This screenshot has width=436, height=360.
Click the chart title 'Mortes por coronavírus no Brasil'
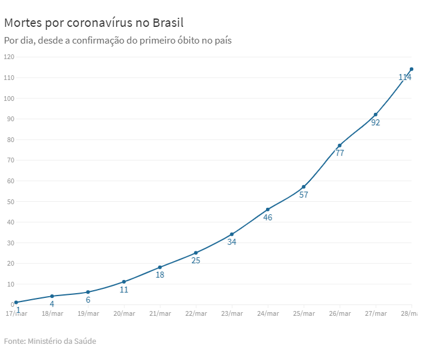coord(94,23)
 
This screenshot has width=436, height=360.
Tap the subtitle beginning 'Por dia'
coord(117,41)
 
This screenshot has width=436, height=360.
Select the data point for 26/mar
coord(339,146)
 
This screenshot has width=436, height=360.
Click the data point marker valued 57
coord(304,187)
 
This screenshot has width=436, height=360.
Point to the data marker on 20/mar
coord(124,282)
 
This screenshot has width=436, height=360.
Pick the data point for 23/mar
coord(231,235)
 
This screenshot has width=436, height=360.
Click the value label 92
coord(376,123)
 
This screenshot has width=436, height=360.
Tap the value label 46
coord(268,218)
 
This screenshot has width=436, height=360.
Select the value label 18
coord(160,275)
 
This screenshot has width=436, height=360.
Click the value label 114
coord(405,78)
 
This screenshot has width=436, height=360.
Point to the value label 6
coord(88,300)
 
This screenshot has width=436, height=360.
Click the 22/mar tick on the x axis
coord(196,313)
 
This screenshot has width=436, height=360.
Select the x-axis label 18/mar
coord(52,313)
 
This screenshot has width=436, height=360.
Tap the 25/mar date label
coord(304,313)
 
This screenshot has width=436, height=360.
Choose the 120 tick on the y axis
coord(9,57)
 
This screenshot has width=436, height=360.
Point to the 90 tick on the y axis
coord(11,119)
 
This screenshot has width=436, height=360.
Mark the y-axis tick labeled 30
coord(11,243)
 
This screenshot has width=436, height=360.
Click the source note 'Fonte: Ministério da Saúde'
coord(50,341)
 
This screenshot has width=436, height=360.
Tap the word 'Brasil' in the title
coord(168,23)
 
